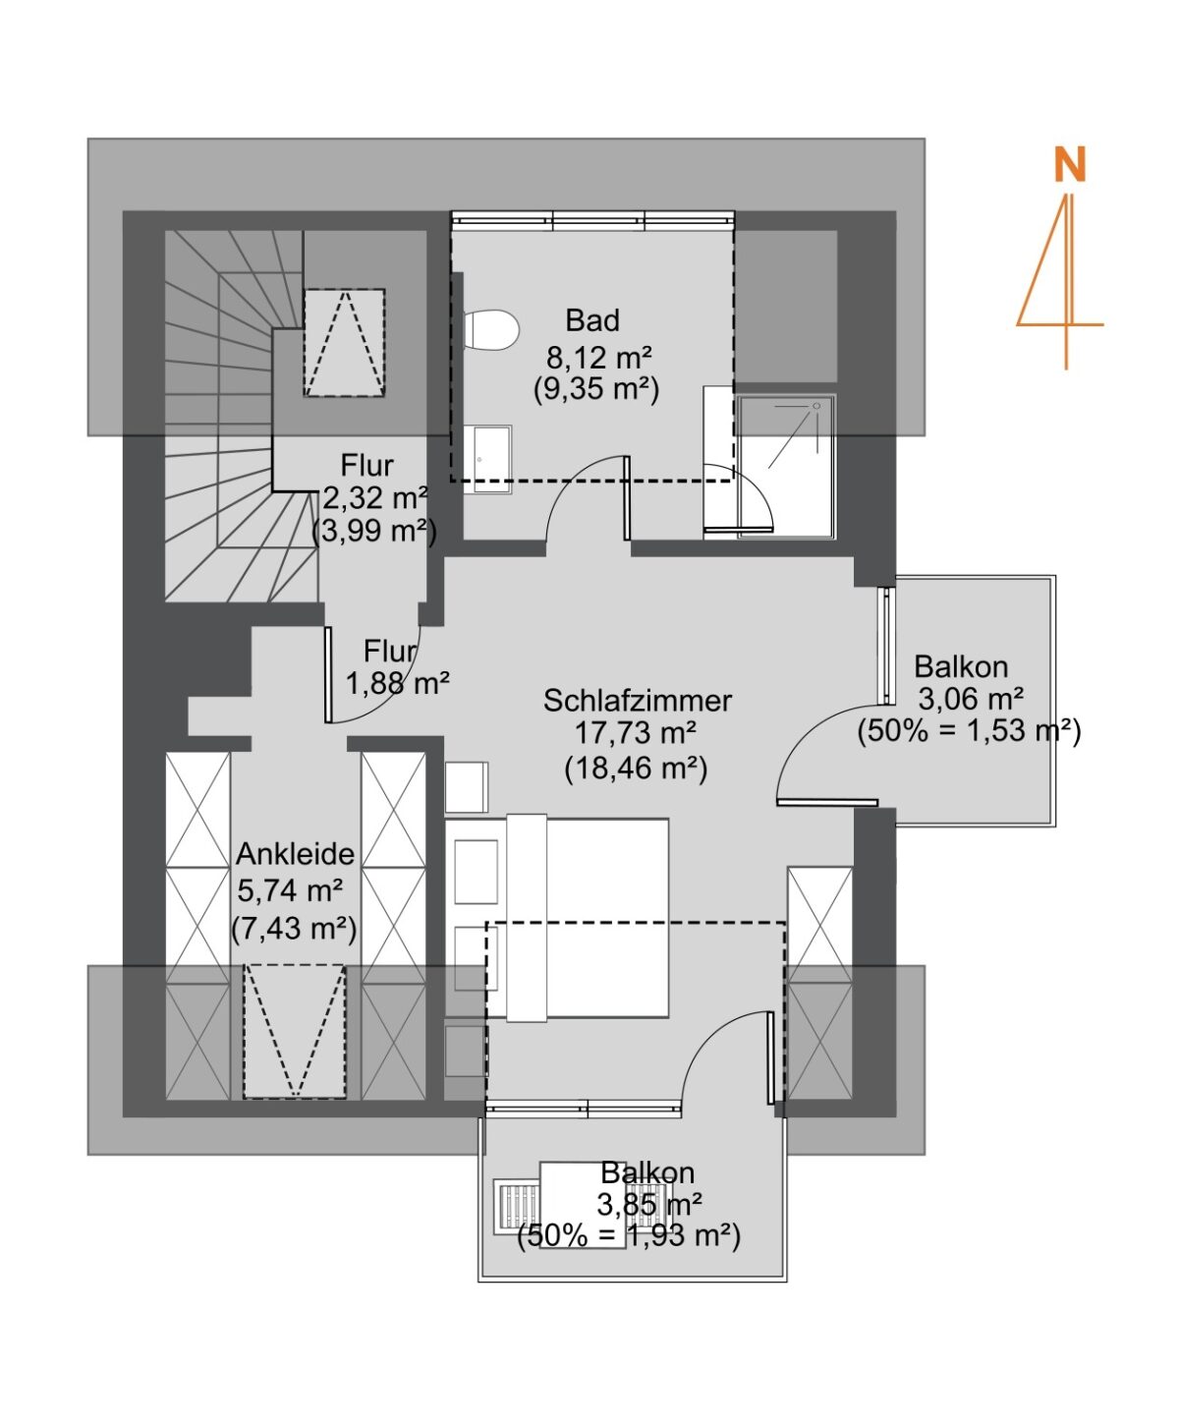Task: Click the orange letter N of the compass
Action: pos(1069,165)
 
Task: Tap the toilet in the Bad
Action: pos(490,330)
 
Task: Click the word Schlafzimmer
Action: pos(637,701)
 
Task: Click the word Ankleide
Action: pos(295,854)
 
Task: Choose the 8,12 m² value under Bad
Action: pos(598,356)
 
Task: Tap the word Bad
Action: pos(592,321)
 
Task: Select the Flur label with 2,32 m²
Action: pos(367,466)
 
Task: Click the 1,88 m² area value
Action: pos(397,683)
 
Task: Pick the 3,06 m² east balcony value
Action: pos(970,699)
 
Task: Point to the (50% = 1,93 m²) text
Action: pos(629,1236)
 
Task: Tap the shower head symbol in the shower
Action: pos(815,406)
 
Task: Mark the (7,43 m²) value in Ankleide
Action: pos(294,929)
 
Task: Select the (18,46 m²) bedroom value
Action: pos(636,769)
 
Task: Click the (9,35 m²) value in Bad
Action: pos(596,390)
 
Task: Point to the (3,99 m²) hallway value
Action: pos(374,532)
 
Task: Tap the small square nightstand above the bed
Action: pos(467,787)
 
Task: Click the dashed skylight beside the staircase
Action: pos(344,342)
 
